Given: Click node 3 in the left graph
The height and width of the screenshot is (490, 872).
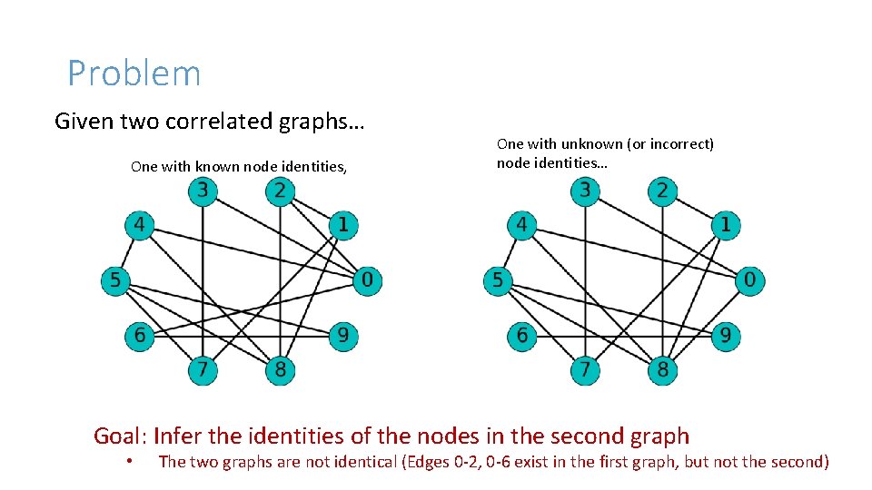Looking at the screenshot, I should [x=203, y=191].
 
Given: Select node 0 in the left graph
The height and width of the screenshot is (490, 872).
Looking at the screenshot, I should [x=367, y=280].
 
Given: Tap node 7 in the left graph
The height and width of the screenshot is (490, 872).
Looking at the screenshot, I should [x=203, y=370].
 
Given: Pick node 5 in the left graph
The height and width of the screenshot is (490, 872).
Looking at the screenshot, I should [x=115, y=280].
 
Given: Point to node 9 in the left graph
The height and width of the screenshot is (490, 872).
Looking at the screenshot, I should [x=343, y=336].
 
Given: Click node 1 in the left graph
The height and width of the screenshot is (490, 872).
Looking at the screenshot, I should [x=343, y=224].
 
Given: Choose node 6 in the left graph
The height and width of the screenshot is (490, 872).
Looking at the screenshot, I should [x=139, y=336].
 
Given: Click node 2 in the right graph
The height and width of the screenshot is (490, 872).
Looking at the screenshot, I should [x=663, y=191].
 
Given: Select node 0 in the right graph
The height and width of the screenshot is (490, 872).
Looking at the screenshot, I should [x=749, y=280].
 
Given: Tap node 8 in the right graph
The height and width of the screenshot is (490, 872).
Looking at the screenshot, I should [x=663, y=370].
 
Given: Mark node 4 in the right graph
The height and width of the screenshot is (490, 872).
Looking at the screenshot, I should [x=521, y=224].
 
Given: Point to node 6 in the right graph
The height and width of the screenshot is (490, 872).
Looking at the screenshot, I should [x=521, y=336].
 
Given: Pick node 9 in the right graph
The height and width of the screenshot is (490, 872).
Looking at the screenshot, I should [x=726, y=336].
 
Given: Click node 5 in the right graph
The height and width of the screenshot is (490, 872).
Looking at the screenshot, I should [x=498, y=280].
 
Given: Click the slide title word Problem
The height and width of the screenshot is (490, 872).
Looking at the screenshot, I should [x=134, y=73].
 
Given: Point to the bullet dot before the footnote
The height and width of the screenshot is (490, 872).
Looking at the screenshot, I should [x=131, y=462].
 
